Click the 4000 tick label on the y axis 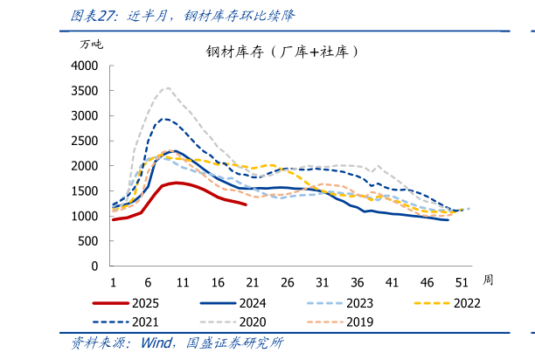pos(85,66)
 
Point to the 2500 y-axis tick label pos(85,141)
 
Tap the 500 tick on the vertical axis pos(88,241)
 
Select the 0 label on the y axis pos(94,266)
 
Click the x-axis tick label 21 pos(253,282)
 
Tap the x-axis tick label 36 pos(358,282)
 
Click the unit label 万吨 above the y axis pos(91,44)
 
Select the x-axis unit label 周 pos(488,280)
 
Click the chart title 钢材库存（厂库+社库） pos(283,52)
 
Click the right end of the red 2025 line pos(246,204)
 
